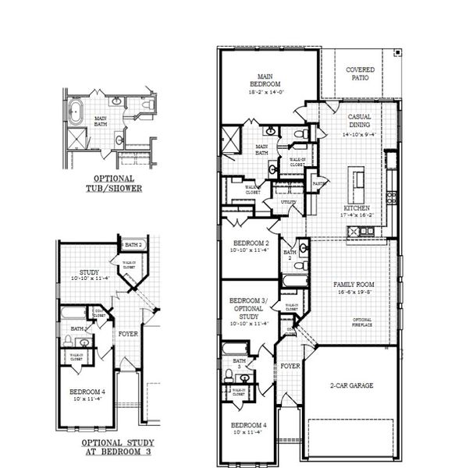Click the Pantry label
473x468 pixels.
pyautogui.click(x=318, y=184)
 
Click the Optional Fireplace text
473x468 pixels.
pyautogui.click(x=361, y=323)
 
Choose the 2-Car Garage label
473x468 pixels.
pyautogui.click(x=351, y=386)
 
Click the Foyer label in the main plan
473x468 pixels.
pyautogui.click(x=290, y=366)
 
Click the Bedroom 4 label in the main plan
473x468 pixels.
pyautogui.click(x=248, y=426)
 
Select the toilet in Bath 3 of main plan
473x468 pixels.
pyautogui.click(x=228, y=375)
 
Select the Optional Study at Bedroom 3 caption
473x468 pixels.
pyautogui.click(x=116, y=446)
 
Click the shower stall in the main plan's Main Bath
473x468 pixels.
pyautogui.click(x=233, y=141)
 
